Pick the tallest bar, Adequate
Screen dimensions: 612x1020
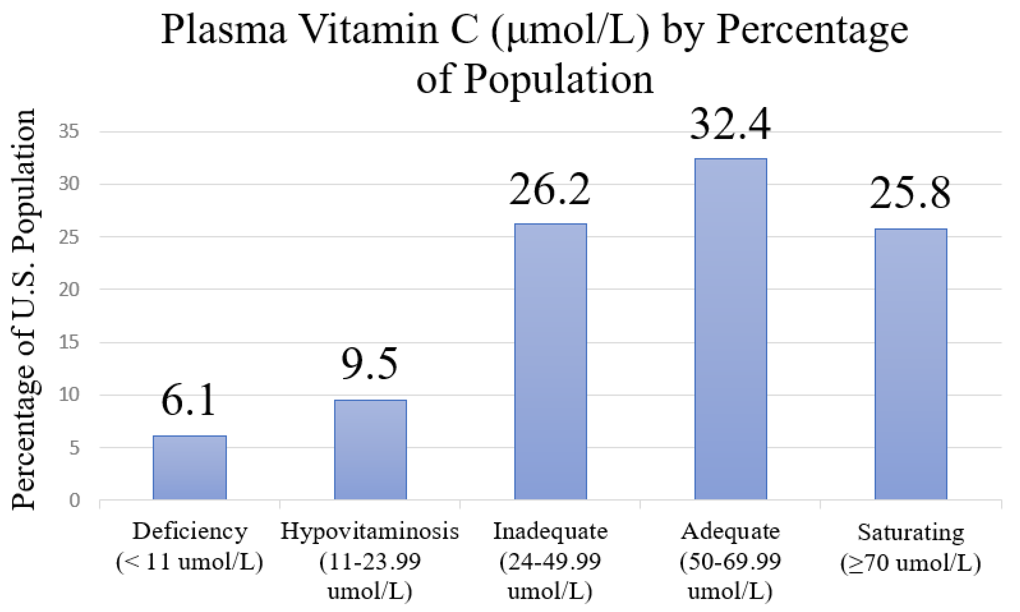[730, 329]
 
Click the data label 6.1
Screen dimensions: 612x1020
[188, 400]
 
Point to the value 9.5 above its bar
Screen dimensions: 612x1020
[369, 364]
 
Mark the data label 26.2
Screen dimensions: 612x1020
[549, 190]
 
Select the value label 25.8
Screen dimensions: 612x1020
[910, 193]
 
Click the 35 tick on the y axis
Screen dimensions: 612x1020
[69, 132]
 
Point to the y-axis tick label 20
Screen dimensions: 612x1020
[69, 289]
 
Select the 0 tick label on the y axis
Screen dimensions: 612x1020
[74, 500]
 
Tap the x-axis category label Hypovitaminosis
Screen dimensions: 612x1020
[369, 531]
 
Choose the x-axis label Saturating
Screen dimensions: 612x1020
[911, 532]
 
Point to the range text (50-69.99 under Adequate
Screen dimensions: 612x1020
[730, 562]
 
